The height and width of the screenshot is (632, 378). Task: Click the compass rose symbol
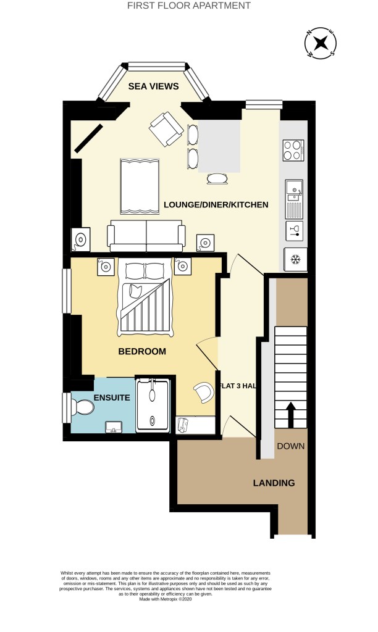point(321,43)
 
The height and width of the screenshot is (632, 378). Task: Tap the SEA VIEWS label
point(153,86)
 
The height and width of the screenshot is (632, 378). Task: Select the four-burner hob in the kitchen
point(293,151)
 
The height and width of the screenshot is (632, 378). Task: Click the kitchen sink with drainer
point(294,198)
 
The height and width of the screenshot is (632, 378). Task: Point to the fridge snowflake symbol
point(296,259)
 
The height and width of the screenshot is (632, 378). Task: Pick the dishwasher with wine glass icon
point(295,231)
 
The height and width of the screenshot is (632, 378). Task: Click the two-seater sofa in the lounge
point(146,236)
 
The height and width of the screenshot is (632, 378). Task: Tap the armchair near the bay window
point(166,128)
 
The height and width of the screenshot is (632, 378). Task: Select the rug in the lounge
point(140,186)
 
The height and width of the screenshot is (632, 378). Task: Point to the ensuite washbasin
point(114,427)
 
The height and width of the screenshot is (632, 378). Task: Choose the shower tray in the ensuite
point(153,405)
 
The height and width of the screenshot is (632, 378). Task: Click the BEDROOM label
point(142,351)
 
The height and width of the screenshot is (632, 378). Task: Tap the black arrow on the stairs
point(290,414)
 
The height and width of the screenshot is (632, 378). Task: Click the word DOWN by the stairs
point(290,446)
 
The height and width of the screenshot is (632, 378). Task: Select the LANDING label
point(274,483)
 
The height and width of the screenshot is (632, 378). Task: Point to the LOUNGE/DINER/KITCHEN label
point(216,205)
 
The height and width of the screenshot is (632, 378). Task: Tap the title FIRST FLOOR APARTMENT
point(189,6)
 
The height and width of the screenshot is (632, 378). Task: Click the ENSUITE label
point(112,398)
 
